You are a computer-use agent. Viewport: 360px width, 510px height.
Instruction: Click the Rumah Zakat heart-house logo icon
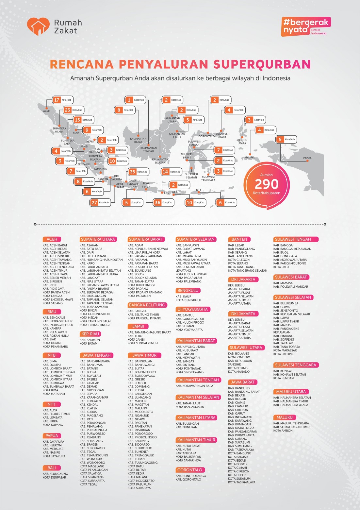tap(38, 26)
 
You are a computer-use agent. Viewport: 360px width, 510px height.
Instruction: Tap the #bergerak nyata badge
tap(306, 26)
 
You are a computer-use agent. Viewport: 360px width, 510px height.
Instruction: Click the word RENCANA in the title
tap(82, 64)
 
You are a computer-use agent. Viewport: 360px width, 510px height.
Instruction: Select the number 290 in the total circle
tap(267, 184)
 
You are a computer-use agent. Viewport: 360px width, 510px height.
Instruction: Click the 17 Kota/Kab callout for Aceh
tap(63, 100)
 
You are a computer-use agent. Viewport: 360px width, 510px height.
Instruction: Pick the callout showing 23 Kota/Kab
tap(74, 110)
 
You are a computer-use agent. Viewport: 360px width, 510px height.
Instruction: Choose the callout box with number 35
tap(138, 172)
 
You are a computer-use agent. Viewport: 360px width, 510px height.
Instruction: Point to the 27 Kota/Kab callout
tap(100, 203)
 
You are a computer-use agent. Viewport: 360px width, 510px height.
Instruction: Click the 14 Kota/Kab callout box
tap(171, 172)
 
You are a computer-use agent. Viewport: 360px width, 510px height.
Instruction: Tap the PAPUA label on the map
tap(307, 158)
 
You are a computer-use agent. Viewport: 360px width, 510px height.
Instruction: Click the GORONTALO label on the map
tap(206, 136)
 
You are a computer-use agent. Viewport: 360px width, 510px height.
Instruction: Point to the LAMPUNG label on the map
tap(100, 169)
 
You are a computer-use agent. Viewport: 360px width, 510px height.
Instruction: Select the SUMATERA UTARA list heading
tap(98, 239)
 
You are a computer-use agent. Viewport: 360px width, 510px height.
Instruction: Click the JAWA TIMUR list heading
tap(144, 355)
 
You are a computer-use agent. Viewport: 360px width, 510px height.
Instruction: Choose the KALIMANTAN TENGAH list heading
tap(198, 380)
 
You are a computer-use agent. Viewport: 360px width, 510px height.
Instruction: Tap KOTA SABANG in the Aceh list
tap(53, 303)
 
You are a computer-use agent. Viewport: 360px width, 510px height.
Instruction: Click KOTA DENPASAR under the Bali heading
tap(54, 477)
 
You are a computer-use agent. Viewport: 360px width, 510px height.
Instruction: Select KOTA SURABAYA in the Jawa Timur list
tap(139, 488)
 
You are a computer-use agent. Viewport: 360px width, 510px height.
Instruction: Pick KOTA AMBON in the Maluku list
tap(283, 431)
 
